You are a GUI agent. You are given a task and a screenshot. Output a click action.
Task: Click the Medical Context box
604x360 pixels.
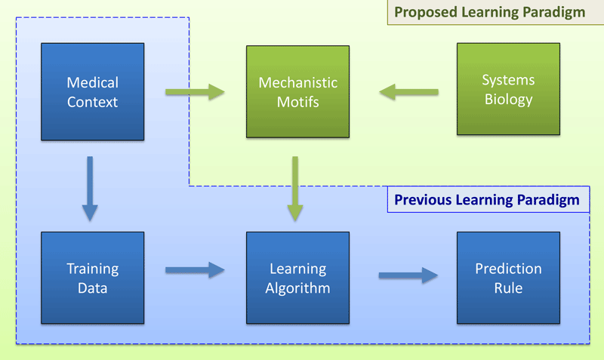(92, 91)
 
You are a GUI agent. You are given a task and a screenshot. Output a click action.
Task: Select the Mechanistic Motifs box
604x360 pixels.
(298, 91)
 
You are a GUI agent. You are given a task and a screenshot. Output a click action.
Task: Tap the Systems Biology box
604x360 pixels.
(508, 90)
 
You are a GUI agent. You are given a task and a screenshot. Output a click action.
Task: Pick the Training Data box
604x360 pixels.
(92, 278)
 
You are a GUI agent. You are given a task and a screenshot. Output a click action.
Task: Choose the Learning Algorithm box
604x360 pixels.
(298, 278)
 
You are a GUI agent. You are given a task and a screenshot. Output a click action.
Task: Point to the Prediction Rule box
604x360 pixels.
(508, 278)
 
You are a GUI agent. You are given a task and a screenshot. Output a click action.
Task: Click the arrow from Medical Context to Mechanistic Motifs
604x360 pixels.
(195, 93)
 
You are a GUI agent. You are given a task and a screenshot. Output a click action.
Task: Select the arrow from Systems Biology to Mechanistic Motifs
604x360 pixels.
(408, 93)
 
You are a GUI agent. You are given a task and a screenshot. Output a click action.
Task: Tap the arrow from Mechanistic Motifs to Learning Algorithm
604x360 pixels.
(295, 188)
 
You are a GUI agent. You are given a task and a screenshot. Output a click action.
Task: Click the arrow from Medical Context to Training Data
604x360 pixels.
(90, 188)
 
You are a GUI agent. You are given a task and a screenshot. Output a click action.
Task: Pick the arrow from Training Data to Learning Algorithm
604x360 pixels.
(195, 269)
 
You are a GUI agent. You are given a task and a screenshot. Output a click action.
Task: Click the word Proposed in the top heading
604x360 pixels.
(424, 13)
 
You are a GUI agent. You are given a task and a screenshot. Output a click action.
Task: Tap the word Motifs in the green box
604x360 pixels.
(298, 101)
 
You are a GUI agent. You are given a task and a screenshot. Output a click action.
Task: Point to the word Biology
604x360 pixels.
(508, 100)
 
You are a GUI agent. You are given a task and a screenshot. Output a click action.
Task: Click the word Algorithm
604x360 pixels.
(298, 288)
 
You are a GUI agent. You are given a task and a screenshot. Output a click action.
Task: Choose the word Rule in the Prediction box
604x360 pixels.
(508, 288)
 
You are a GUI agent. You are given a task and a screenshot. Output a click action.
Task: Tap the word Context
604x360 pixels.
(92, 101)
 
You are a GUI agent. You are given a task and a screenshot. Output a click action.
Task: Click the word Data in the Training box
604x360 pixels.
(92, 288)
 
